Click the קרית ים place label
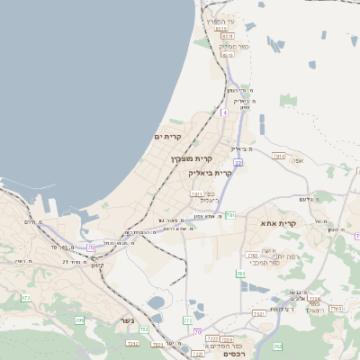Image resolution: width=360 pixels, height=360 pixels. [167, 136]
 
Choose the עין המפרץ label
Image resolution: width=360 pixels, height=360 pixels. [218, 20]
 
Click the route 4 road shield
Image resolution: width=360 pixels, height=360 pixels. [224, 113]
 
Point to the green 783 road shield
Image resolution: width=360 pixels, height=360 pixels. [240, 274]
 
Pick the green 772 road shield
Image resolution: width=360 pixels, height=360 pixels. [188, 320]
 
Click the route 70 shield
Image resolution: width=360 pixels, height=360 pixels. [197, 332]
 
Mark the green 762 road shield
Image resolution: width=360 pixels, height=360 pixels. [277, 346]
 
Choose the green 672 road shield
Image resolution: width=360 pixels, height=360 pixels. [25, 297]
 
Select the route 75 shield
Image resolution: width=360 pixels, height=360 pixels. [90, 247]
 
